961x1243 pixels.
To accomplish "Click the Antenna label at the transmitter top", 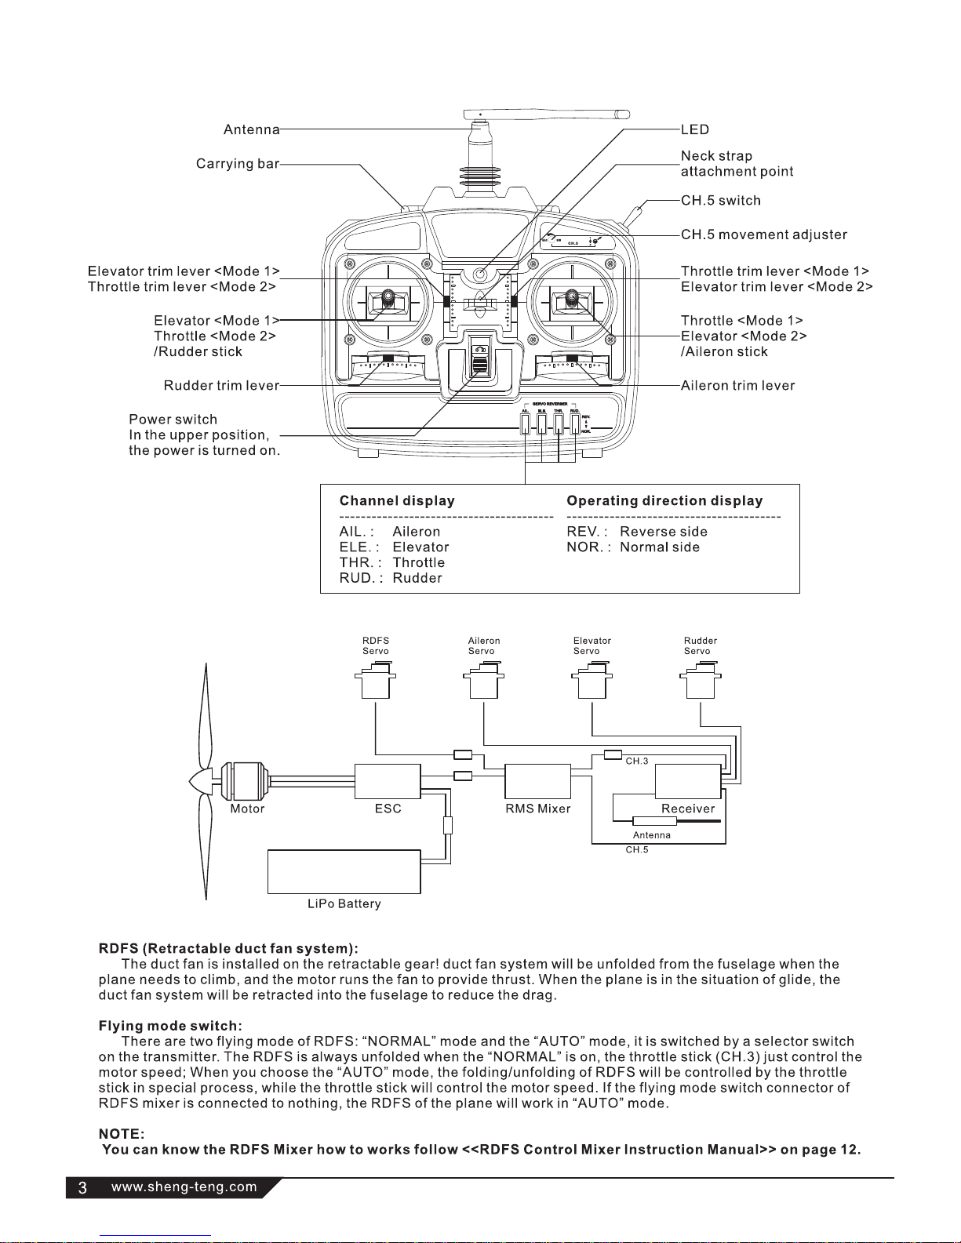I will coord(251,129).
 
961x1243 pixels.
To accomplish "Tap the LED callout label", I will coord(694,129).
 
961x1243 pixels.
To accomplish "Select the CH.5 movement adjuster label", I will coord(763,234).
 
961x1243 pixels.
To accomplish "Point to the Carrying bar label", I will coord(237,164).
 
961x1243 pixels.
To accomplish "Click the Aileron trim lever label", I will coord(737,386).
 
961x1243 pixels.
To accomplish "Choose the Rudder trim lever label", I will coord(221,386).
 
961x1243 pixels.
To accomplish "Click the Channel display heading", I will coord(396,501).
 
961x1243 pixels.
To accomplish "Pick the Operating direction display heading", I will coord(664,501).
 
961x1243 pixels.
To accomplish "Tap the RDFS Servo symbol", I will coord(376,680).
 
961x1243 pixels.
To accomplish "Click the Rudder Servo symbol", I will coord(700,680).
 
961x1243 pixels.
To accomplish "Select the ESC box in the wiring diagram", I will coord(388,781).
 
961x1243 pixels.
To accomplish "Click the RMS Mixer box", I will coord(537,781).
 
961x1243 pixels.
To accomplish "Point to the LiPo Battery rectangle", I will coord(344,871).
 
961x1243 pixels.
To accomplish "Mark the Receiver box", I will coord(687,781).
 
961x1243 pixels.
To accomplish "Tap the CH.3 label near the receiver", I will coord(636,761).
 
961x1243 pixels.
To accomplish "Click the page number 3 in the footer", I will coord(82,1188).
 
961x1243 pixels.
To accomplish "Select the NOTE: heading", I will coord(121,1134).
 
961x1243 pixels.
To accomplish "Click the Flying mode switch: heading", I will coord(170,1026).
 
